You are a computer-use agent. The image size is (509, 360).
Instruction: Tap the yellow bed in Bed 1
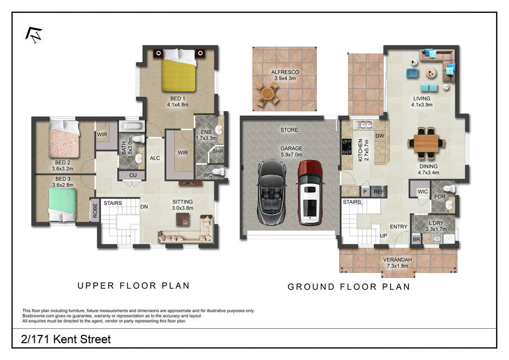pyautogui.click(x=179, y=70)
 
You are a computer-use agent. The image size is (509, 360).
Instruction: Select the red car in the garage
pyautogui.click(x=310, y=193)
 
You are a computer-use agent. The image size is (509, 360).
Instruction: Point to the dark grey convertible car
pyautogui.click(x=272, y=192)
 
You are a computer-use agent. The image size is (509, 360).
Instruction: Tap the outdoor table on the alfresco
pyautogui.click(x=268, y=94)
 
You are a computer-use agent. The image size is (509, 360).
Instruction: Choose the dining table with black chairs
pyautogui.click(x=426, y=143)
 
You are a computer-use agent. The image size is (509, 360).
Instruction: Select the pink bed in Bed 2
pyautogui.click(x=64, y=138)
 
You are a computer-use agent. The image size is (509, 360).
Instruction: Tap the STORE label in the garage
pyautogui.click(x=289, y=130)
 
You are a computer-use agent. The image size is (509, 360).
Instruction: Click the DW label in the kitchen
pyautogui.click(x=380, y=136)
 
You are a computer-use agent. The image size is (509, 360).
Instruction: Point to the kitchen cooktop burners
pyautogui.click(x=347, y=146)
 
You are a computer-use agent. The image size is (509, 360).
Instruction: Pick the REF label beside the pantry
pyautogui.click(x=379, y=192)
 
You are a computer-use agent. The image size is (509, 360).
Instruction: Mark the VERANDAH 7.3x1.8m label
pyautogui.click(x=397, y=263)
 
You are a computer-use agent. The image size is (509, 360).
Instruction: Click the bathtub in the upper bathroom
pyautogui.click(x=132, y=126)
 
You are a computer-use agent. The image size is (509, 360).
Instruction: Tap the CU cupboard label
pyautogui.click(x=133, y=175)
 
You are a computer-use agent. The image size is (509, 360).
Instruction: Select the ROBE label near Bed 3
pyautogui.click(x=95, y=210)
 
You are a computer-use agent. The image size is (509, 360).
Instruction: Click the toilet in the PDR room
pyautogui.click(x=450, y=188)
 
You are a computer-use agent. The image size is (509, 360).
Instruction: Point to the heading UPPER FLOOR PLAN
pyautogui.click(x=133, y=286)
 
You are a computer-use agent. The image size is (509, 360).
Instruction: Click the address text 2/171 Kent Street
pyautogui.click(x=66, y=339)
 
